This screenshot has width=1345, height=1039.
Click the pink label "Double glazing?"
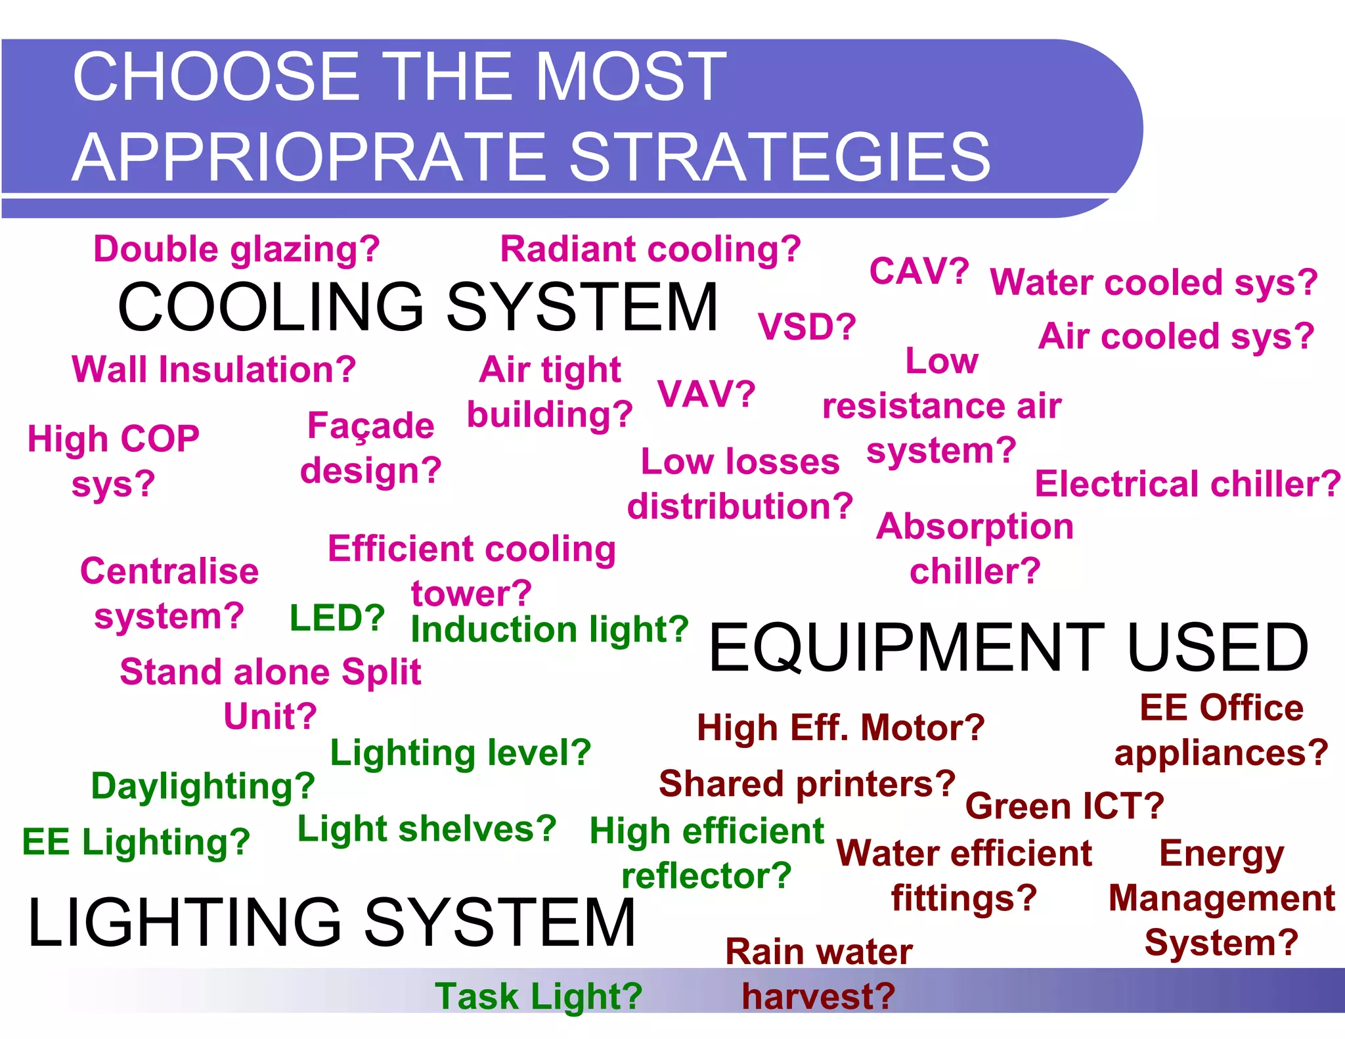pos(236,250)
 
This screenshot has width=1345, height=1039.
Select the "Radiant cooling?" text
pos(650,250)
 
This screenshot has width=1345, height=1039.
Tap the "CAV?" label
pos(919,271)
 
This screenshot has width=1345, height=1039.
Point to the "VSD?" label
pos(806,326)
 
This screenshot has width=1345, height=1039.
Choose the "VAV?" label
pos(706,394)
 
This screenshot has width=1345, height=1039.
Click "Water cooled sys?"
pos(1154,283)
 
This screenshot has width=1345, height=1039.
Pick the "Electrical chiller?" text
pos(1187,484)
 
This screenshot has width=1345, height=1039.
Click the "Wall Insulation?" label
pos(213,370)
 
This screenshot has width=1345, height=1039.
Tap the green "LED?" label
pos(337,618)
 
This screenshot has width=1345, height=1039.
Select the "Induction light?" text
pos(549,630)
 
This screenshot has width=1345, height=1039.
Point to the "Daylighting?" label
pos(203,786)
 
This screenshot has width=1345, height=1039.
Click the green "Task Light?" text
pos(539,996)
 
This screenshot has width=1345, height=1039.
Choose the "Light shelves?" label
pos(427,829)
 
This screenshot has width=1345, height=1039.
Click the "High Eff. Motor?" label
pos(841,728)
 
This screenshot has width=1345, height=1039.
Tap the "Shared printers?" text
pos(807,784)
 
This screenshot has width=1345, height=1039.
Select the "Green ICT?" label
pos(1065,806)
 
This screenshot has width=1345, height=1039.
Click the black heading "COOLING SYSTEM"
pos(418,307)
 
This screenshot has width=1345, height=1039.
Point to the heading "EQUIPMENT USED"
pos(1008,648)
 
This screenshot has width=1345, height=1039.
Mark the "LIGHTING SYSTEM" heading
pos(332,922)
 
